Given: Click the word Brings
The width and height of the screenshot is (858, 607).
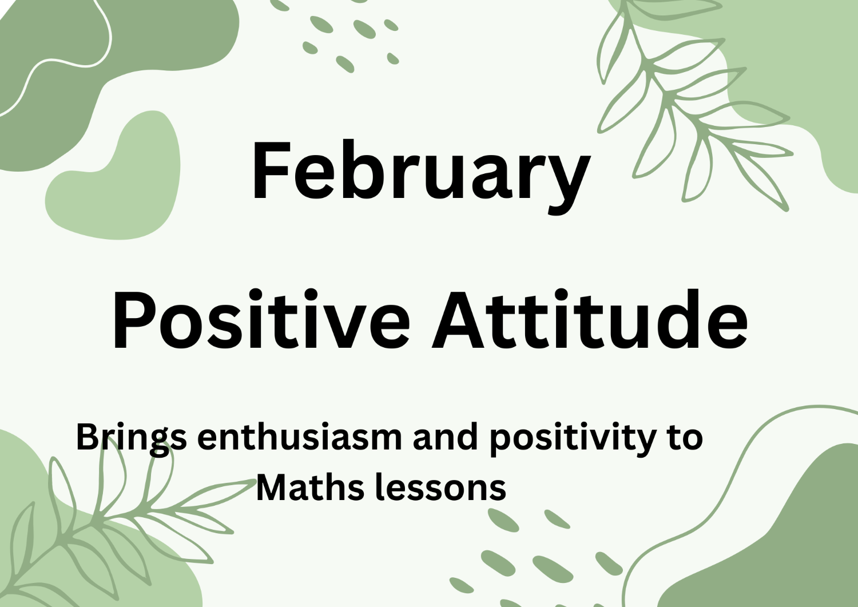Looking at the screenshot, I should click(131, 438).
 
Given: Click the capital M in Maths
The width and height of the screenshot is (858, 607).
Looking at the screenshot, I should click(272, 488).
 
